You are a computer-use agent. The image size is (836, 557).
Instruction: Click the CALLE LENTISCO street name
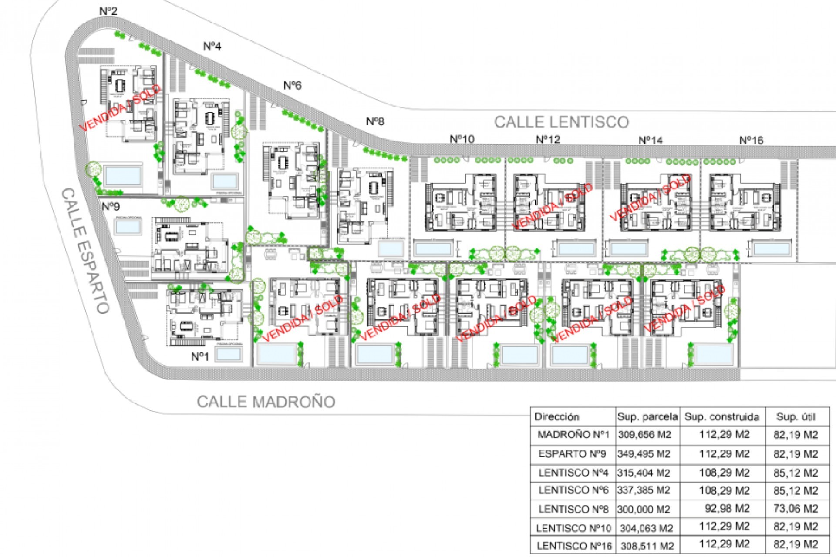pos(561,122)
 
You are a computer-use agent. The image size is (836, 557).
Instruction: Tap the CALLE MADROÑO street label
pos(266,401)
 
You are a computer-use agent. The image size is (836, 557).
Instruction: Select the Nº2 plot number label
pos(108,11)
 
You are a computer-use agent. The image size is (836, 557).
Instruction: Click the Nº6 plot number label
pos(292,85)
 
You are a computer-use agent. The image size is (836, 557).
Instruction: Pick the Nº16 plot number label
pos(751,140)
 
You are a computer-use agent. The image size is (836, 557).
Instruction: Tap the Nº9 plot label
pos(111,206)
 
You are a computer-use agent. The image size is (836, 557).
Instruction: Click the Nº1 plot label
pos(200,357)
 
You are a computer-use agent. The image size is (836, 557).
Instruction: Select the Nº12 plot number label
pos(547,139)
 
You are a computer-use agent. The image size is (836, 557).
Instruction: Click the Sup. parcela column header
pos(647,417)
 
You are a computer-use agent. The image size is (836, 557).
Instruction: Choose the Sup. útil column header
pos(796,417)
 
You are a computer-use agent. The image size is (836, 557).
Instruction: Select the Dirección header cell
pos(556,417)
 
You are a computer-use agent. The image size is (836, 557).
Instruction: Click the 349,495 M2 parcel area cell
pos(644,454)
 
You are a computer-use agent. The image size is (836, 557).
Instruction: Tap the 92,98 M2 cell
pos(727,508)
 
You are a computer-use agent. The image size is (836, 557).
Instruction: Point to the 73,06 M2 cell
pos(796,508)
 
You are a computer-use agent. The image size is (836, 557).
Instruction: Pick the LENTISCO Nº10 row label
pos(573,528)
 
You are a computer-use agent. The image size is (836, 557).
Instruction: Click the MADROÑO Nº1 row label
pos(573,434)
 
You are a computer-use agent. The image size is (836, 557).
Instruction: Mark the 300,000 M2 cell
pos(644,509)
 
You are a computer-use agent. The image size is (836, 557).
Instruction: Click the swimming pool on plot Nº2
pos(123,175)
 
